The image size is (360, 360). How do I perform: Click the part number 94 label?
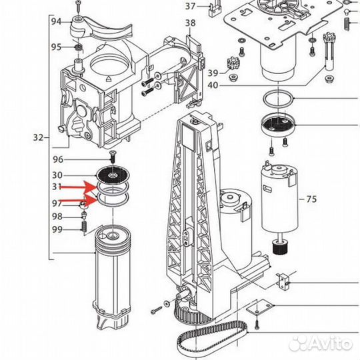coord(56,21)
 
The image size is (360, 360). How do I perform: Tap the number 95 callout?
coord(56,47)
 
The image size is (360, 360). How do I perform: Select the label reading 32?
coord(39,137)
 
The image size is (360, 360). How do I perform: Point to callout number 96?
coord(58,159)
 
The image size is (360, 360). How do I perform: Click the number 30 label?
coord(57,175)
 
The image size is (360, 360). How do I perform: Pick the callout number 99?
coord(57,229)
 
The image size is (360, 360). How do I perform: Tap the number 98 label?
coord(57,216)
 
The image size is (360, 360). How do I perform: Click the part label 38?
coord(190,23)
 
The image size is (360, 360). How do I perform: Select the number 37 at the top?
coord(190,6)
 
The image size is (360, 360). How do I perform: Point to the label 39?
coord(213,73)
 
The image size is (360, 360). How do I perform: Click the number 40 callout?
coord(213,85)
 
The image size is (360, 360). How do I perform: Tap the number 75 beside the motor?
coord(311,199)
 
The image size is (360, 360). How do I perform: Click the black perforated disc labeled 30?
coord(113,176)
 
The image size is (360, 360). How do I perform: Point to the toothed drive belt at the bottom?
coord(213,336)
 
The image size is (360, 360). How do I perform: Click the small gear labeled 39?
coord(233,63)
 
